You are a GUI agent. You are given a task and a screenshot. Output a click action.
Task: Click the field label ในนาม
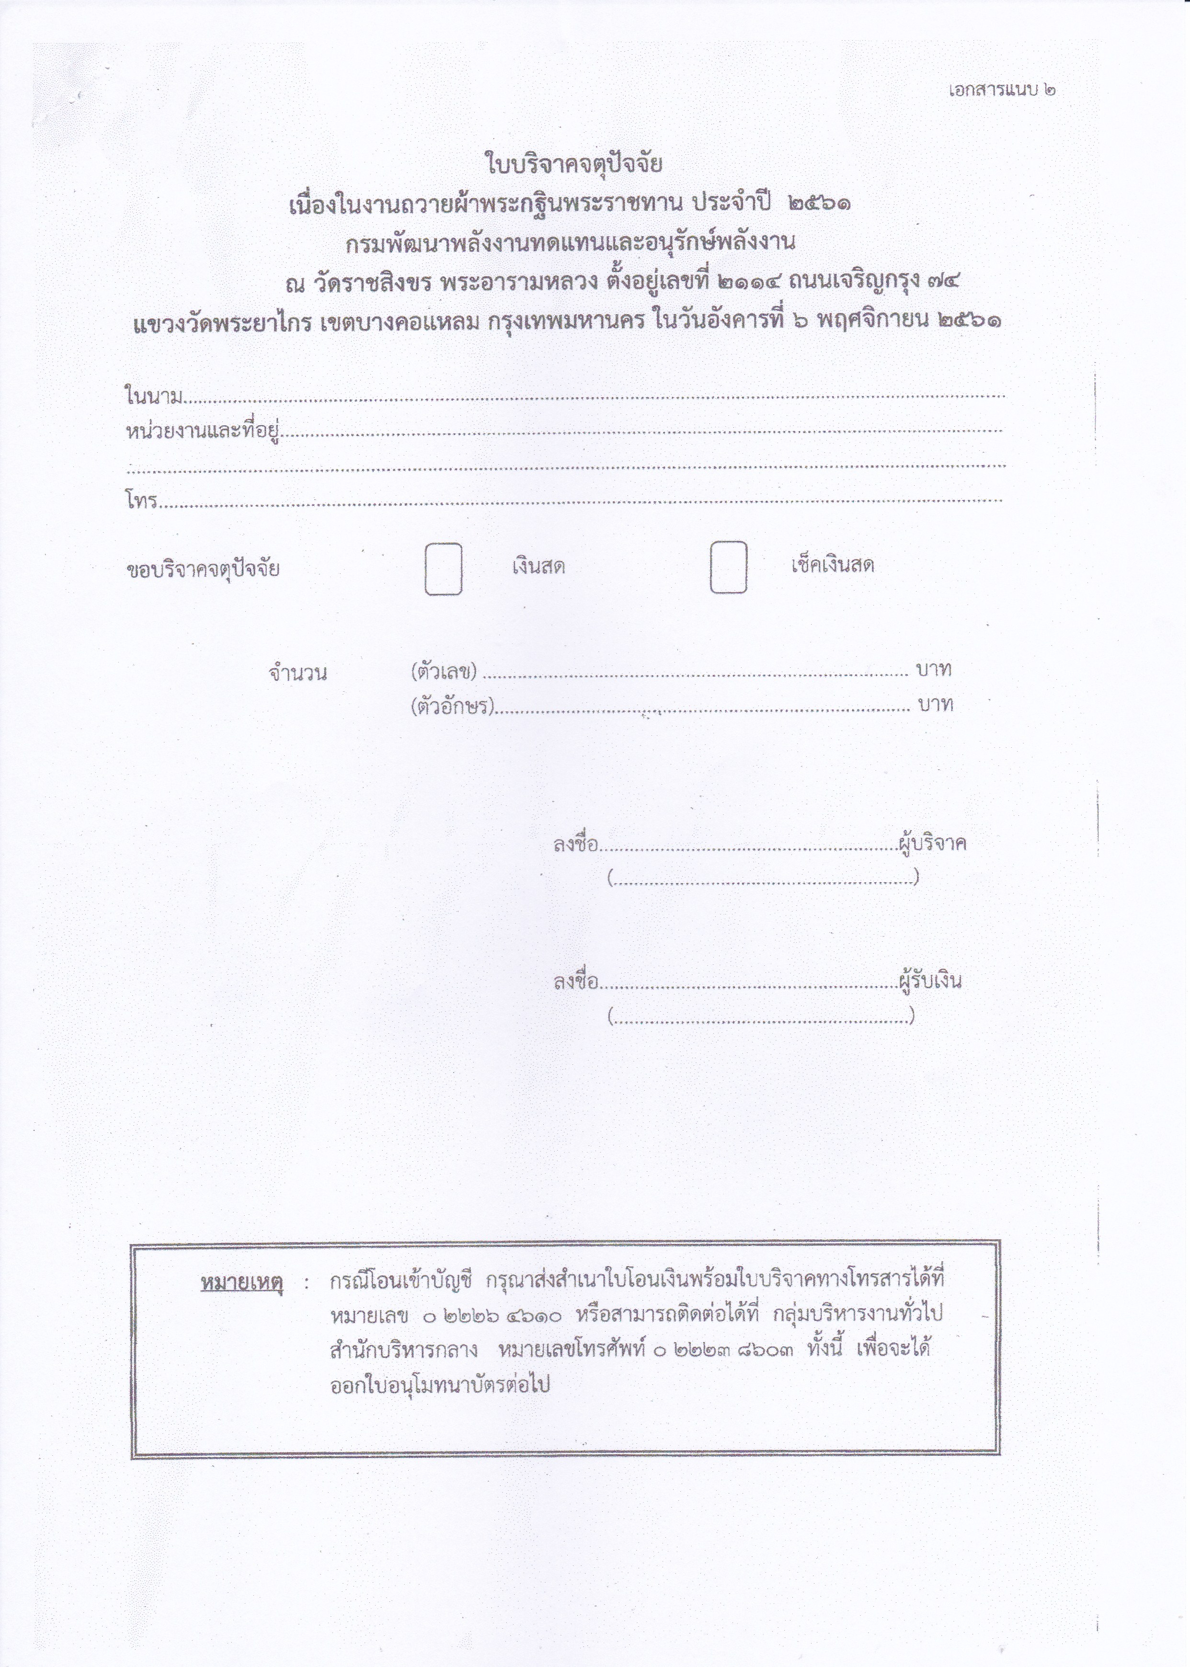coord(153,397)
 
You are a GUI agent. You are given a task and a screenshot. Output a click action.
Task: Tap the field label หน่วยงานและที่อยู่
coord(204,433)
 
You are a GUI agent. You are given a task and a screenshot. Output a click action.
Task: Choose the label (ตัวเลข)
coord(444,671)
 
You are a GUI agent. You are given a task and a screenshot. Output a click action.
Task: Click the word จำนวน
coord(297,673)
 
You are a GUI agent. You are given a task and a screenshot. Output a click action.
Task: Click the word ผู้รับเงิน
coord(931,981)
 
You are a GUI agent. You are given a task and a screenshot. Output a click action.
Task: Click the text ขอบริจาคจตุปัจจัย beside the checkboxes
coord(203,570)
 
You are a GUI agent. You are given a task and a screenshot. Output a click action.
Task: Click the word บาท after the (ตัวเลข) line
coord(934,669)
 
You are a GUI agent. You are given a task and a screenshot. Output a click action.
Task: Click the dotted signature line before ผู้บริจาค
coord(747,848)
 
